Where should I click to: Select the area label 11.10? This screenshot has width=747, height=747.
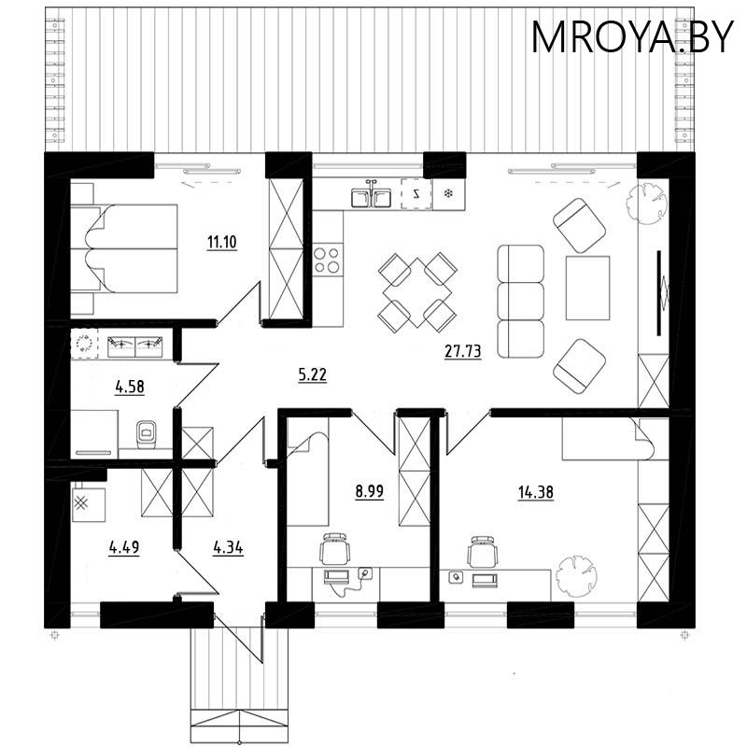pyautogui.click(x=222, y=243)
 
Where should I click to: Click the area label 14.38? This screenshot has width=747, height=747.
pyautogui.click(x=535, y=491)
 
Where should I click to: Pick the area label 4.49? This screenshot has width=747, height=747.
pyautogui.click(x=123, y=547)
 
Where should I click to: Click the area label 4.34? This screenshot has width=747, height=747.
pyautogui.click(x=229, y=547)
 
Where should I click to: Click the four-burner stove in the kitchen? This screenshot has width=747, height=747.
pyautogui.click(x=328, y=260)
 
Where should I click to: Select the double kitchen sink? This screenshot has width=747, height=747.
pyautogui.click(x=371, y=196)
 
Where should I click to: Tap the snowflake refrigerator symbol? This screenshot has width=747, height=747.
pyautogui.click(x=447, y=194)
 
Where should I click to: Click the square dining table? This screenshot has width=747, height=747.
pyautogui.click(x=416, y=291)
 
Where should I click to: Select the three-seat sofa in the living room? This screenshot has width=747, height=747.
pyautogui.click(x=520, y=301)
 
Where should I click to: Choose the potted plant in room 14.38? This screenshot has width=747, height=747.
pyautogui.click(x=571, y=571)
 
